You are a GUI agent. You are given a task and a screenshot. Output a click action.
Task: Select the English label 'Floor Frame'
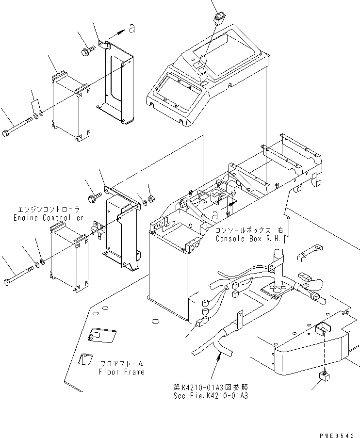click(121, 372)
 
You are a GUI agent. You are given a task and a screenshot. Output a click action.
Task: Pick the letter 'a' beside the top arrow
click(132, 30)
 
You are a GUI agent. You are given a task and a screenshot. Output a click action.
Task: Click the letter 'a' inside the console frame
click(214, 213)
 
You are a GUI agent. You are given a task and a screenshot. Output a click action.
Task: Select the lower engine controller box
click(68, 260)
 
